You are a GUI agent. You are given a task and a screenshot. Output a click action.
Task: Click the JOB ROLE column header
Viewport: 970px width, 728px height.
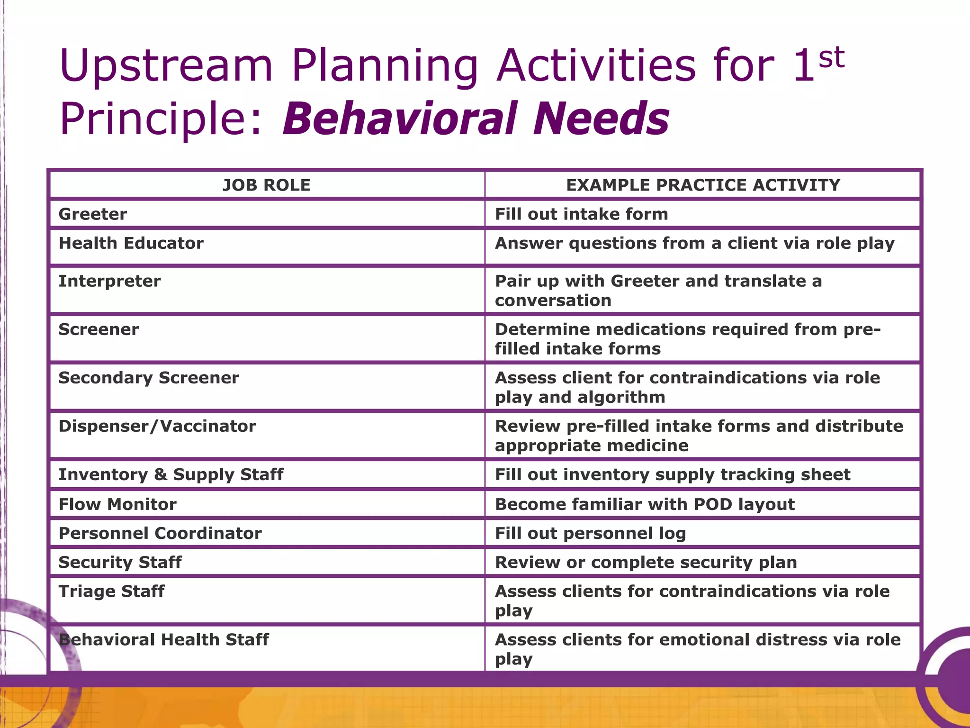tap(267, 185)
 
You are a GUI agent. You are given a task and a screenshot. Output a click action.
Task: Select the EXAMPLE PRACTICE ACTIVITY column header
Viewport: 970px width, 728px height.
tap(703, 185)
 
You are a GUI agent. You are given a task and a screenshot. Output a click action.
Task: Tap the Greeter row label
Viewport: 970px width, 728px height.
tap(93, 214)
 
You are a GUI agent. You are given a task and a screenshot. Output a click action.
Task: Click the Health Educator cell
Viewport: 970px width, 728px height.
tap(131, 243)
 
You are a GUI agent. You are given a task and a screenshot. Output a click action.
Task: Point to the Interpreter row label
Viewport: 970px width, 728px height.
tap(110, 281)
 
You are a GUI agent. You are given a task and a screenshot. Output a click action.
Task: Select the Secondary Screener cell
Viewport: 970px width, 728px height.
tap(149, 378)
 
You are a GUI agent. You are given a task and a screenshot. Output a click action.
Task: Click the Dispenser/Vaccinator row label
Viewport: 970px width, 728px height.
tap(157, 426)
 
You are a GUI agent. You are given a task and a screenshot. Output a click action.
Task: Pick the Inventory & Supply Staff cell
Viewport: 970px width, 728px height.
tap(171, 474)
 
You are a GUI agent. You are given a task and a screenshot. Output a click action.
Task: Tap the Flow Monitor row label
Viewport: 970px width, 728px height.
tap(117, 504)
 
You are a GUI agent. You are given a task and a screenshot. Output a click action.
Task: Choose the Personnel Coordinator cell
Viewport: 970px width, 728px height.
tap(160, 533)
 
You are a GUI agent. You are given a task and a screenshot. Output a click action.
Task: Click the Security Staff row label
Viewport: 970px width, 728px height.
tap(120, 562)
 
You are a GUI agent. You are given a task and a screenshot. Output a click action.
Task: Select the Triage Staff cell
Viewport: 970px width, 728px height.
tap(112, 591)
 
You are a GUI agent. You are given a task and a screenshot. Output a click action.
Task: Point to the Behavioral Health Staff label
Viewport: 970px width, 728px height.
tap(164, 640)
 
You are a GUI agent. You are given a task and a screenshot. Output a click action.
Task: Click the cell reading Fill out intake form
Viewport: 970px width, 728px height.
tap(582, 214)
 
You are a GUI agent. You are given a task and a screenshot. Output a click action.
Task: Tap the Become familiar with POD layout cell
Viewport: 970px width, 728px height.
tap(645, 504)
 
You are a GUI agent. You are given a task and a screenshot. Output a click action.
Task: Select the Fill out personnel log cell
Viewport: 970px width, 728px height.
tap(591, 533)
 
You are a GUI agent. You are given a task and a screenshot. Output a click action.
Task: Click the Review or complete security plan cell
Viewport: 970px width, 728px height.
tap(646, 562)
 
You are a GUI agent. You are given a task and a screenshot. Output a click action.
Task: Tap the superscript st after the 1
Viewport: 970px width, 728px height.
tap(832, 58)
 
